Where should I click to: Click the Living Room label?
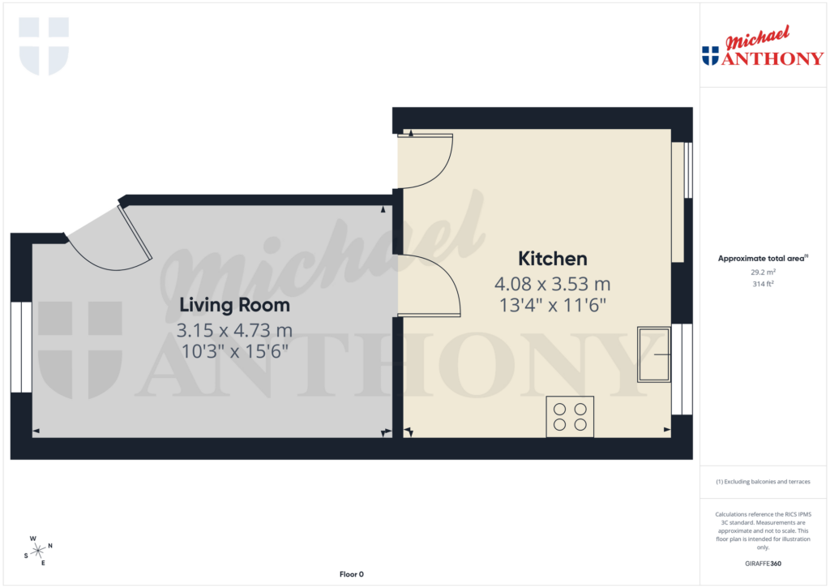[x=234, y=306]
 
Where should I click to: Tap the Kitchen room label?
[x=552, y=260]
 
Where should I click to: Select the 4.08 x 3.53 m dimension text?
[x=552, y=285]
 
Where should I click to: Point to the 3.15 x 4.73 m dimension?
[x=234, y=331]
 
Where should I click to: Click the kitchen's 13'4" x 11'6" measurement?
[x=552, y=306]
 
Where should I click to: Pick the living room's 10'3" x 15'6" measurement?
[x=234, y=352]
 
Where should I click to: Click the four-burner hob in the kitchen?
[x=570, y=416]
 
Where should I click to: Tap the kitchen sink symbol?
[x=654, y=354]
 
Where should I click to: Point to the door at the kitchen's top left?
[x=426, y=161]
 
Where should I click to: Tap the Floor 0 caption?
[x=351, y=574]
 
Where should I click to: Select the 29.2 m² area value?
[x=763, y=273]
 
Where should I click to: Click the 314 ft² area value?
[x=763, y=284]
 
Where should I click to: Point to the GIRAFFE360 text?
[x=763, y=564]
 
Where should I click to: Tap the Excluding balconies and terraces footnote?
[x=763, y=482]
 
